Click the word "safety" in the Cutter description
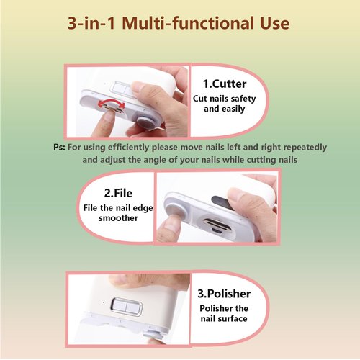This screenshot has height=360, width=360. pos(247,99)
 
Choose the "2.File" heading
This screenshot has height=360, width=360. pos(117,192)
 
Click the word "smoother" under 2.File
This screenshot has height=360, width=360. pos(117,217)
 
